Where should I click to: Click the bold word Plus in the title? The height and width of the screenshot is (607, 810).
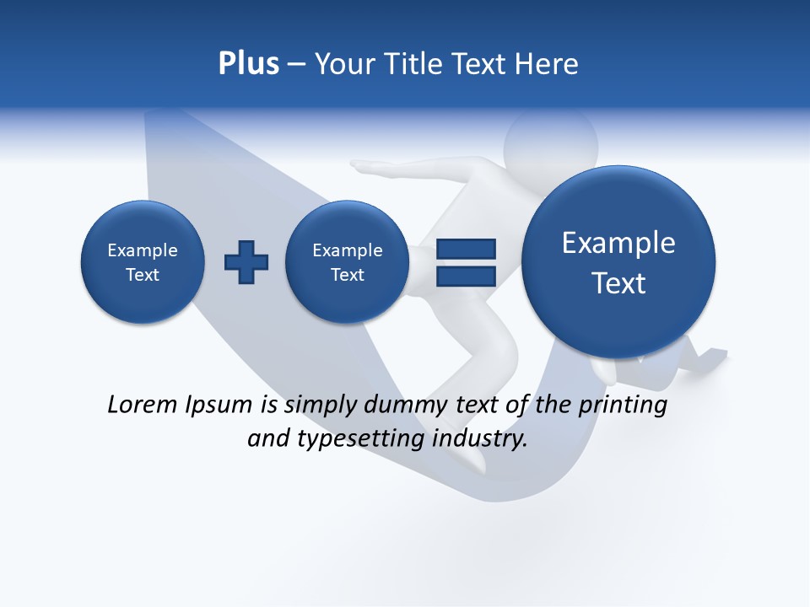click(x=248, y=64)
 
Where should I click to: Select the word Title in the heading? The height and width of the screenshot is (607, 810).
click(x=413, y=64)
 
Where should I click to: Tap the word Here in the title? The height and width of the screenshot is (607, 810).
click(x=548, y=64)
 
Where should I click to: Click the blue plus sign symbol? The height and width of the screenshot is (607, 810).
click(x=246, y=262)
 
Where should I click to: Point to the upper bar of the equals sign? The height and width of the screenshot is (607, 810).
click(x=465, y=249)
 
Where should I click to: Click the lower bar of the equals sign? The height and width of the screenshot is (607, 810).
click(x=465, y=275)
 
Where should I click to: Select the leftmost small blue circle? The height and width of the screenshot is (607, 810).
click(x=143, y=262)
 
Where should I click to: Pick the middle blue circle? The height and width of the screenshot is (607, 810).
click(x=347, y=262)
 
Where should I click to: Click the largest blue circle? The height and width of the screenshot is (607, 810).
click(x=618, y=261)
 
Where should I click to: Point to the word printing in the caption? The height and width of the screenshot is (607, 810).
click(x=622, y=406)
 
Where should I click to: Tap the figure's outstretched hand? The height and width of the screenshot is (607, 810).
click(x=364, y=167)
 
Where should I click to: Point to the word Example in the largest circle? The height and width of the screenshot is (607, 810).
click(x=618, y=243)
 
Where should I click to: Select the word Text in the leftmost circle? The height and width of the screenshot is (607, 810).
click(x=143, y=275)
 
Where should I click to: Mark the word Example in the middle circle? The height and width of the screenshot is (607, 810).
click(x=347, y=250)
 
